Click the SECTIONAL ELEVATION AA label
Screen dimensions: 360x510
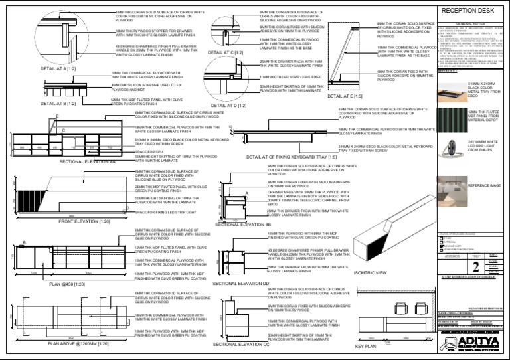coord(87,161)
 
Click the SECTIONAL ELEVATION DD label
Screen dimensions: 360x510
coord(241,284)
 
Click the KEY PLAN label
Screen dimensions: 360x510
coord(366,347)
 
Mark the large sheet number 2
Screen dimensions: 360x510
coord(475,267)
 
